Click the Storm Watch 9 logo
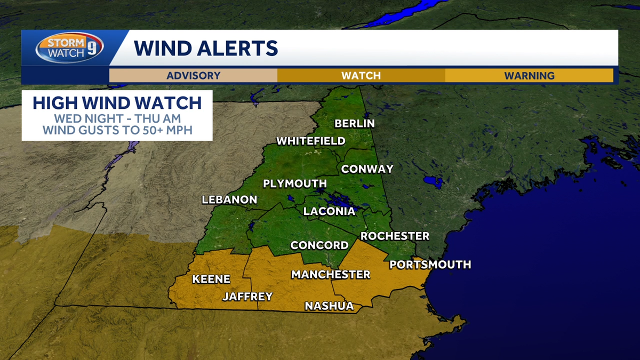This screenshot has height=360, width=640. pyautogui.click(x=69, y=48)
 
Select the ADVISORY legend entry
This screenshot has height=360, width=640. pyautogui.click(x=193, y=76)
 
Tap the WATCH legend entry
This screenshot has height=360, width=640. pyautogui.click(x=361, y=76)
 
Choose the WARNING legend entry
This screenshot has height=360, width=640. pyautogui.click(x=529, y=76)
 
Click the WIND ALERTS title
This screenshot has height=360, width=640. pyautogui.click(x=206, y=48)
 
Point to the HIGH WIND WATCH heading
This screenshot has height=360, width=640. pyautogui.click(x=117, y=102)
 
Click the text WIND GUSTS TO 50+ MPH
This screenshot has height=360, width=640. pyautogui.click(x=117, y=130)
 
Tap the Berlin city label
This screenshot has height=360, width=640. pyautogui.click(x=355, y=124)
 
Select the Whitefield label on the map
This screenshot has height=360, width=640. pyautogui.click(x=310, y=141)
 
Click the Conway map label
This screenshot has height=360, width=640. pyautogui.click(x=367, y=169)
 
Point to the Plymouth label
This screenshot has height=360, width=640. pyautogui.click(x=295, y=184)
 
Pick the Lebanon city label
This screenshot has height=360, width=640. pyautogui.click(x=229, y=200)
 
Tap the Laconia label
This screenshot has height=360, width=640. pyautogui.click(x=329, y=211)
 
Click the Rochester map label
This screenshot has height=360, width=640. pyautogui.click(x=395, y=236)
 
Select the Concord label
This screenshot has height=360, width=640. pyautogui.click(x=319, y=246)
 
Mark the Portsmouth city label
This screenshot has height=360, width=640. pyautogui.click(x=430, y=265)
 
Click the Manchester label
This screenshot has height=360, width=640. pyautogui.click(x=330, y=275)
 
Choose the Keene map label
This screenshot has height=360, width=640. pyautogui.click(x=211, y=279)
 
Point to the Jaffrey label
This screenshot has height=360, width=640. pyautogui.click(x=247, y=297)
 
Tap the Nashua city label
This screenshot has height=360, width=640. pyautogui.click(x=329, y=306)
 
